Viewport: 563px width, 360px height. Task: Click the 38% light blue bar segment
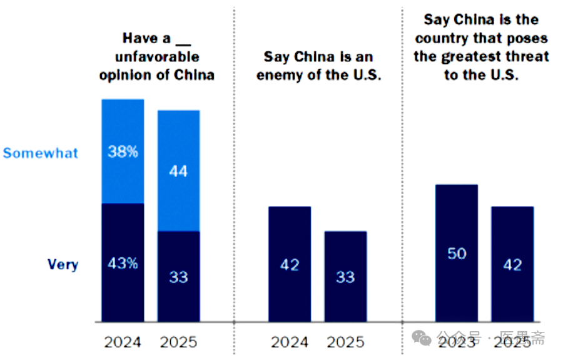(123, 152)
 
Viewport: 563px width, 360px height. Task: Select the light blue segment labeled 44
(178, 170)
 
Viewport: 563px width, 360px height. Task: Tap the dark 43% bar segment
(123, 263)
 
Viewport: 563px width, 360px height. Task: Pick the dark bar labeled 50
(457, 254)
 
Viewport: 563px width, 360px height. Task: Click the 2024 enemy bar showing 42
(290, 264)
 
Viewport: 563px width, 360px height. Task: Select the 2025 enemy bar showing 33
(345, 276)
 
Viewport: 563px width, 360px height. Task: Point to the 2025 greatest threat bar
(512, 264)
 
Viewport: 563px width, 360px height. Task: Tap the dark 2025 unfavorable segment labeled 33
(178, 276)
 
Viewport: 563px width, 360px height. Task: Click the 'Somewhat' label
(41, 153)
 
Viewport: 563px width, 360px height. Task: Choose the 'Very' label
(63, 264)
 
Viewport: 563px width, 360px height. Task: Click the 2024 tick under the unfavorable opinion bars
(123, 342)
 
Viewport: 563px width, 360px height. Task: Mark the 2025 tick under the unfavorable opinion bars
(178, 342)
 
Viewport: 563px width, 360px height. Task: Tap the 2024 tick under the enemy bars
(290, 342)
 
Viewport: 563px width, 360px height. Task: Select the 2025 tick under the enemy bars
(345, 342)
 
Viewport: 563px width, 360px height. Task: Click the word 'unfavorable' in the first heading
(160, 57)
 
